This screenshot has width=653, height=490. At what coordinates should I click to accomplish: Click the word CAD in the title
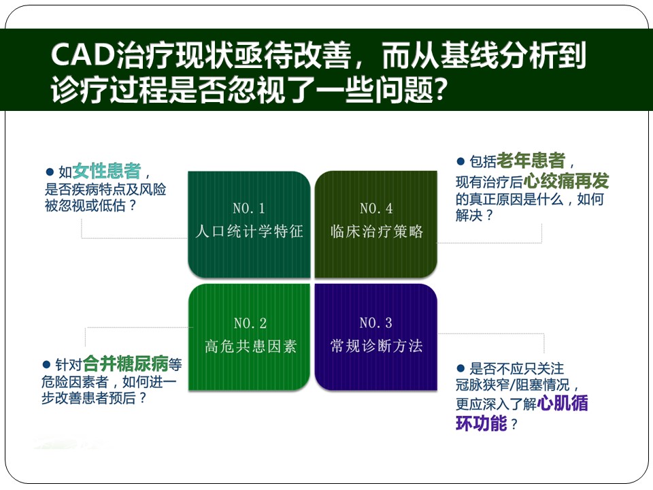click(82, 54)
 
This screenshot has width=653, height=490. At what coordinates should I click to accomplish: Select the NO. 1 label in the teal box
click(249, 208)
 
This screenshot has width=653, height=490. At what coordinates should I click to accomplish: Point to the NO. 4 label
click(376, 208)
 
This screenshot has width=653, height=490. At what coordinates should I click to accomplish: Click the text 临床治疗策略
click(376, 231)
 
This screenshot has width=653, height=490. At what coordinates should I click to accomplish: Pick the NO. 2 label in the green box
click(250, 323)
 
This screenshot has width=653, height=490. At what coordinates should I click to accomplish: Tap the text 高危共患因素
click(250, 346)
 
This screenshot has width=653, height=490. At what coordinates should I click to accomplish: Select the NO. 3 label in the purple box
click(375, 323)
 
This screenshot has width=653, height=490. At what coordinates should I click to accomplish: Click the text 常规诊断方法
click(376, 346)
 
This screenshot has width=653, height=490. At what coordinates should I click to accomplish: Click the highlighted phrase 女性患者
click(107, 170)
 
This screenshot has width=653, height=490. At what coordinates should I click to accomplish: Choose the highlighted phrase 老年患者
click(531, 161)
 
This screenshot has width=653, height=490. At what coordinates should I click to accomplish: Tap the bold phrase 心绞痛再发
click(566, 181)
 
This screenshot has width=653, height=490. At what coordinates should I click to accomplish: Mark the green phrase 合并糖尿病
click(125, 363)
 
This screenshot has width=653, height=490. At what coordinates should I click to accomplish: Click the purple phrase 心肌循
click(563, 403)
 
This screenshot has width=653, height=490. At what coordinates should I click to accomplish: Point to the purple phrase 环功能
click(481, 423)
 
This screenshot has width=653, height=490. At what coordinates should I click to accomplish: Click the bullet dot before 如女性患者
click(50, 171)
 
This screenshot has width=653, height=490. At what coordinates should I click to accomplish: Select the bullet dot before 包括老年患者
click(461, 161)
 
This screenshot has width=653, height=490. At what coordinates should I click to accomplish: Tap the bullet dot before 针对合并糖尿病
click(47, 365)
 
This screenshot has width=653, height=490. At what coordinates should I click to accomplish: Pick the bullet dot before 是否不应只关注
click(461, 368)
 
